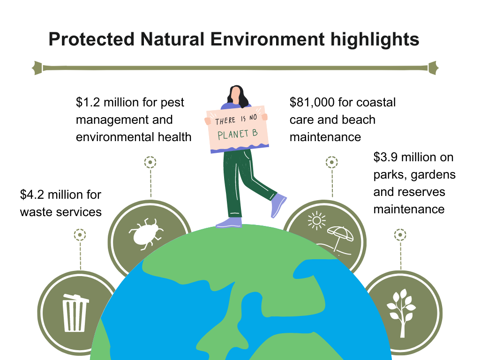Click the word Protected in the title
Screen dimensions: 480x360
point(91,39)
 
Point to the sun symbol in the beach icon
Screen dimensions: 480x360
point(316,220)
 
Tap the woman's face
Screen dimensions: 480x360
point(235,95)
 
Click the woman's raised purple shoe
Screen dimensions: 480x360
point(278,204)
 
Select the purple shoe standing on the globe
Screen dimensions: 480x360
point(229,223)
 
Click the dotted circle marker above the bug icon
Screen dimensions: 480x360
point(150,162)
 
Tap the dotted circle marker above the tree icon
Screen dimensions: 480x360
point(400,235)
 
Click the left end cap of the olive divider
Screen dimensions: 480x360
point(37,68)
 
